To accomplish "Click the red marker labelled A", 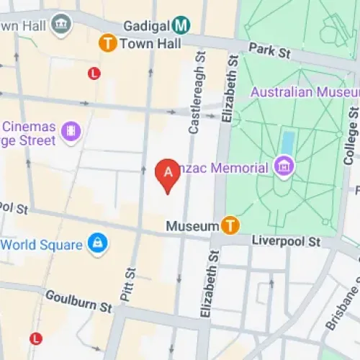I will [168, 174].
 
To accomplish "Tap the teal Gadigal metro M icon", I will [182, 25].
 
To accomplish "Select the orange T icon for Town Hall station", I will [107, 43].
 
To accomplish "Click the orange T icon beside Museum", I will [230, 225].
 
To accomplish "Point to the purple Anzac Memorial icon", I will [284, 168].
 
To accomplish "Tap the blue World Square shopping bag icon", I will [95, 244].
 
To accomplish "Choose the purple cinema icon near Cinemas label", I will [71, 130].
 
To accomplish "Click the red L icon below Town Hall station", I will [94, 73].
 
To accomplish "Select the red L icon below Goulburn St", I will [36, 338].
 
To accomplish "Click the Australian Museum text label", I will [304, 92].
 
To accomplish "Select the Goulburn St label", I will [78, 301].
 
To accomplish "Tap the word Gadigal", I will [145, 25].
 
